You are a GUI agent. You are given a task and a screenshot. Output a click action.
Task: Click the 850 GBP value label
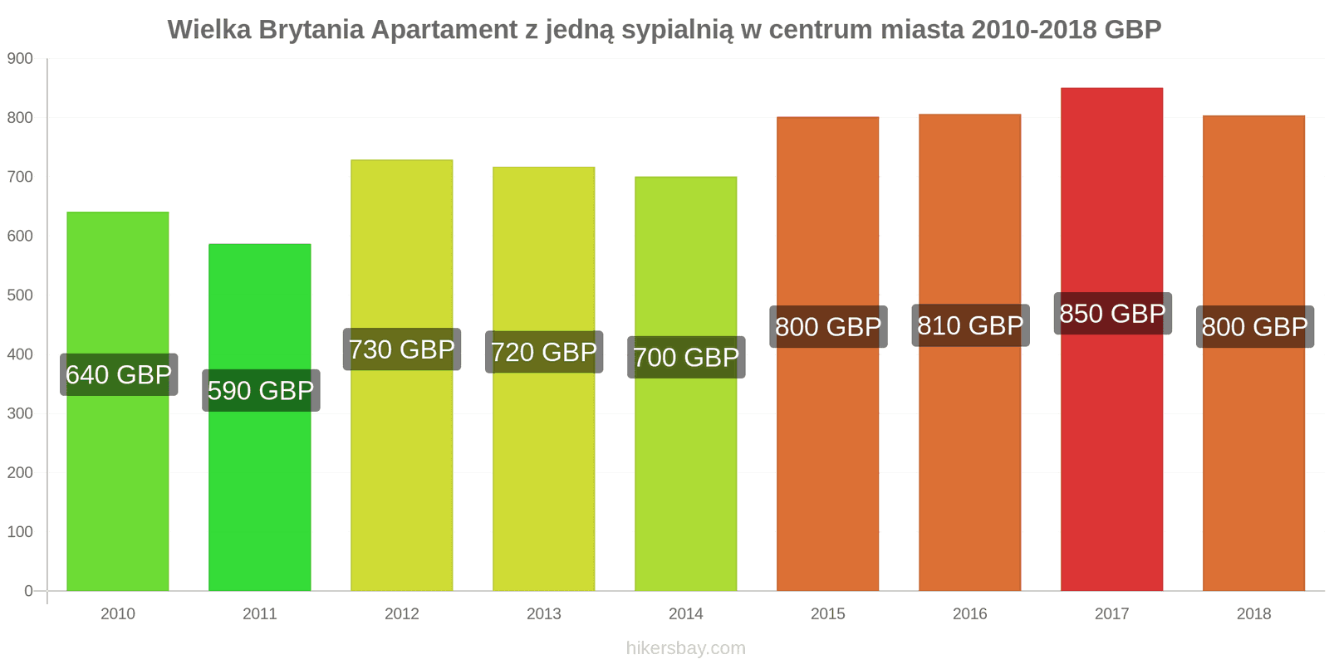click(x=1112, y=314)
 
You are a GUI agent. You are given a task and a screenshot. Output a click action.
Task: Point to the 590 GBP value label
click(x=260, y=390)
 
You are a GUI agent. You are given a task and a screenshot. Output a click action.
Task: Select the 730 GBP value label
click(x=402, y=349)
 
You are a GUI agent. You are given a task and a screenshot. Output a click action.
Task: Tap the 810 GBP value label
click(x=970, y=325)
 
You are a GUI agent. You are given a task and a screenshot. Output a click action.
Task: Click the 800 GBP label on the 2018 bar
click(x=1254, y=327)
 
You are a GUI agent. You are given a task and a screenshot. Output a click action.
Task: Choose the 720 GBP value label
click(x=544, y=352)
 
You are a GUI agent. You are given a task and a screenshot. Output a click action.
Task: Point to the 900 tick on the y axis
click(x=20, y=59)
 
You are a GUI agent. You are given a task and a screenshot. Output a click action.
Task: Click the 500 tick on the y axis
click(x=20, y=295)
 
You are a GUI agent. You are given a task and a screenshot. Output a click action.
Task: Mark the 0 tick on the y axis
click(x=28, y=591)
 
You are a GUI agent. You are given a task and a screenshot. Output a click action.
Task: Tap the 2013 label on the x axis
click(x=544, y=614)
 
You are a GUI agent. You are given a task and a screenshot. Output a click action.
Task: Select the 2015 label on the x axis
click(x=828, y=614)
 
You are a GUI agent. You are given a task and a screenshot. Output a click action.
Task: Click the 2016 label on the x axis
click(x=970, y=614)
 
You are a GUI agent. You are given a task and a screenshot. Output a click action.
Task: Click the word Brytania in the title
click(x=311, y=30)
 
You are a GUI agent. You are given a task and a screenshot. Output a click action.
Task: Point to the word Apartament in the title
click(x=444, y=30)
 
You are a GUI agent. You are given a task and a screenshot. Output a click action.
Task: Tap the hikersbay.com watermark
click(x=686, y=648)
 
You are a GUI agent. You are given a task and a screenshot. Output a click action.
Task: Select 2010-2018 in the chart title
click(x=1034, y=30)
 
